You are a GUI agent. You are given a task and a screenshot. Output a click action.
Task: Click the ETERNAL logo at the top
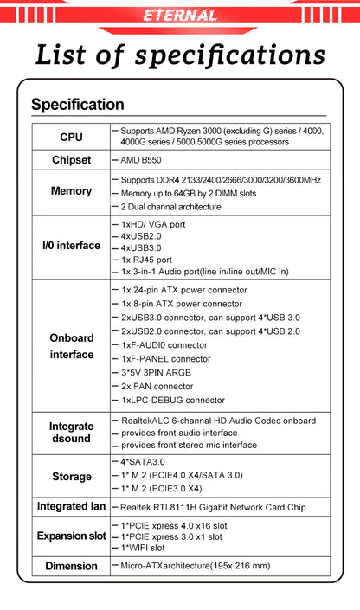[x=180, y=16]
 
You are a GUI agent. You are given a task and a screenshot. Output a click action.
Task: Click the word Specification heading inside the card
[x=78, y=105]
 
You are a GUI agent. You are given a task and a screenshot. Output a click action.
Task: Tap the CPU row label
[x=72, y=137]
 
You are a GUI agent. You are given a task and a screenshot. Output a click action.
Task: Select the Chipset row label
[x=72, y=160]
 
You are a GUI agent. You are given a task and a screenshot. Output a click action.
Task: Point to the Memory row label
[x=72, y=191]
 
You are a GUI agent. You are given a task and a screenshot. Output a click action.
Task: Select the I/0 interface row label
[x=72, y=246]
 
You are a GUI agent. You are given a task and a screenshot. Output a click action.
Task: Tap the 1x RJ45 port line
[x=146, y=260]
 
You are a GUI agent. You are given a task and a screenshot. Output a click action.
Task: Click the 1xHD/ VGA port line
[x=153, y=224]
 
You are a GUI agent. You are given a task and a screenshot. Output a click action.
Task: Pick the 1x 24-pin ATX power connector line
[x=184, y=290]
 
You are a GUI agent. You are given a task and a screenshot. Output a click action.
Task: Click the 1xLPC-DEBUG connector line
[x=173, y=400]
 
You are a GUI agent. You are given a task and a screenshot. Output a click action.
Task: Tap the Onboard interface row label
[x=72, y=346]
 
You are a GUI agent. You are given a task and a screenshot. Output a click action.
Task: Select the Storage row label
[x=72, y=476]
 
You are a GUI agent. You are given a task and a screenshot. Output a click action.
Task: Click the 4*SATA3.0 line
[x=143, y=462]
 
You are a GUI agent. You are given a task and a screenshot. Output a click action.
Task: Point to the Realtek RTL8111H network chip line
[x=212, y=507]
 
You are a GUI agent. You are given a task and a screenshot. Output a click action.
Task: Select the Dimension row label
[x=72, y=566]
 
